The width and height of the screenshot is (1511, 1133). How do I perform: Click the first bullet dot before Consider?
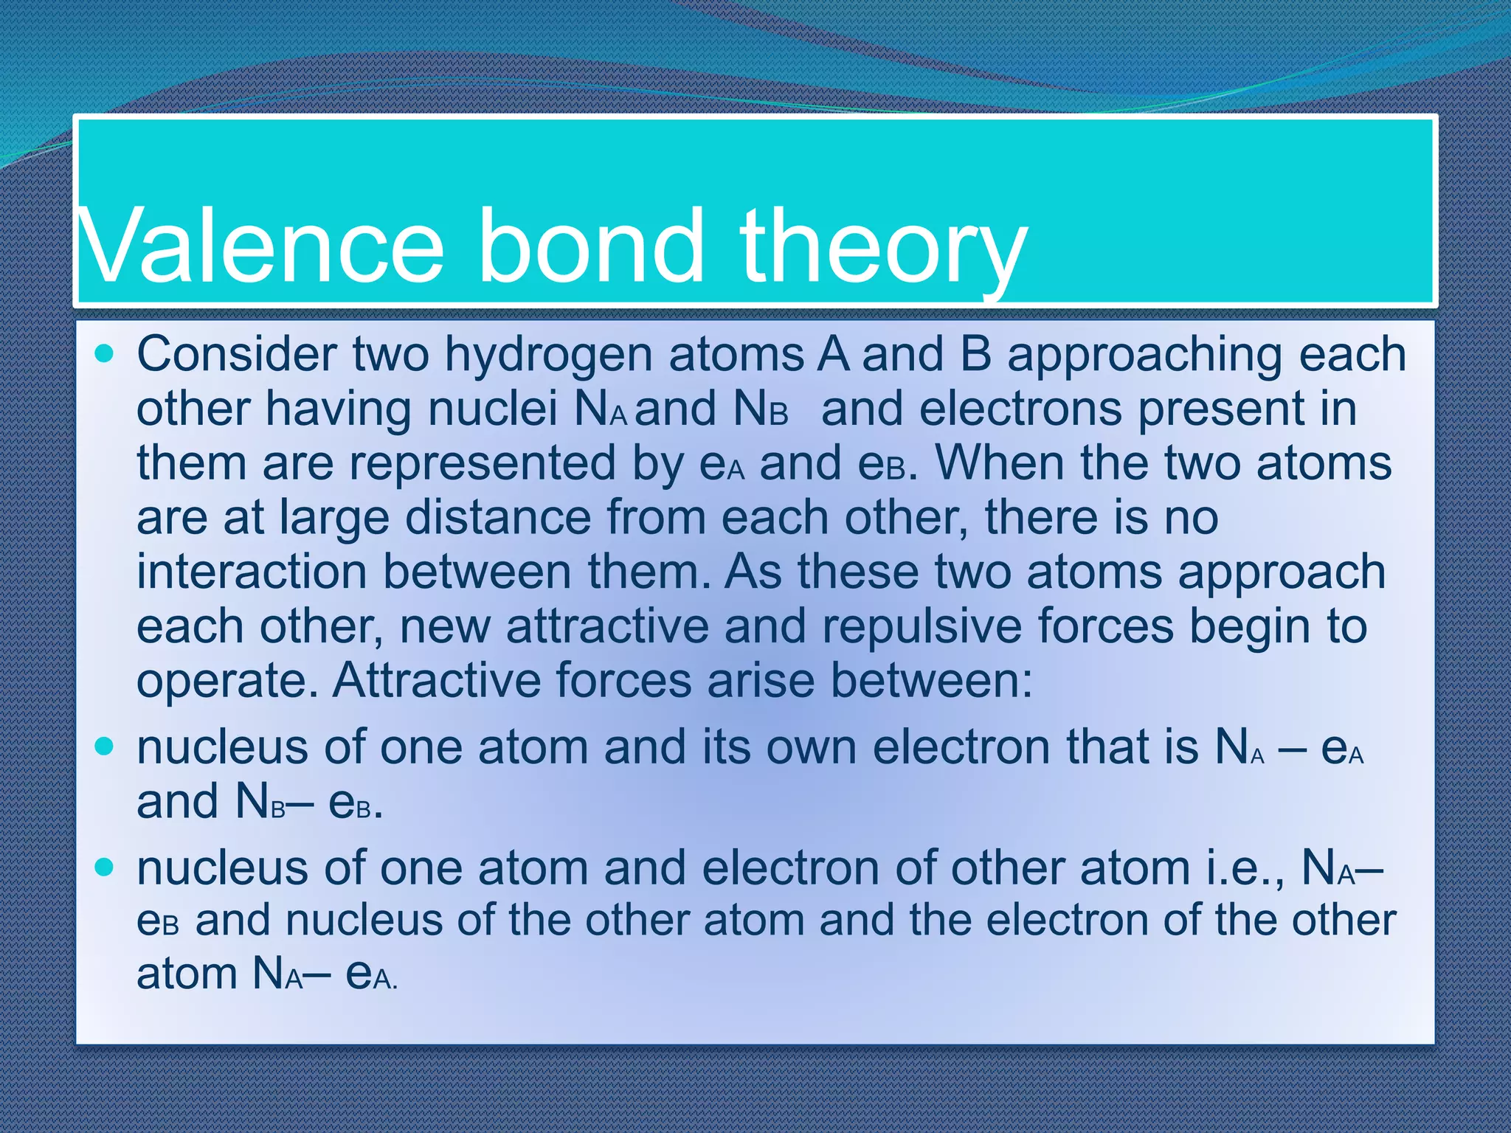105,354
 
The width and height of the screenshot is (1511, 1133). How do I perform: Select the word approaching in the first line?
1144,356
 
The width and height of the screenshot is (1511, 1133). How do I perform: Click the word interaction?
252,572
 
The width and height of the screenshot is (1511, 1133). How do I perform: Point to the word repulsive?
922,626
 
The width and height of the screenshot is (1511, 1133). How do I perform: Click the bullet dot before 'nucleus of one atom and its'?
105,746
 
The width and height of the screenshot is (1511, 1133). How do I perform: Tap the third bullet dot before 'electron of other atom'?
105,867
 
